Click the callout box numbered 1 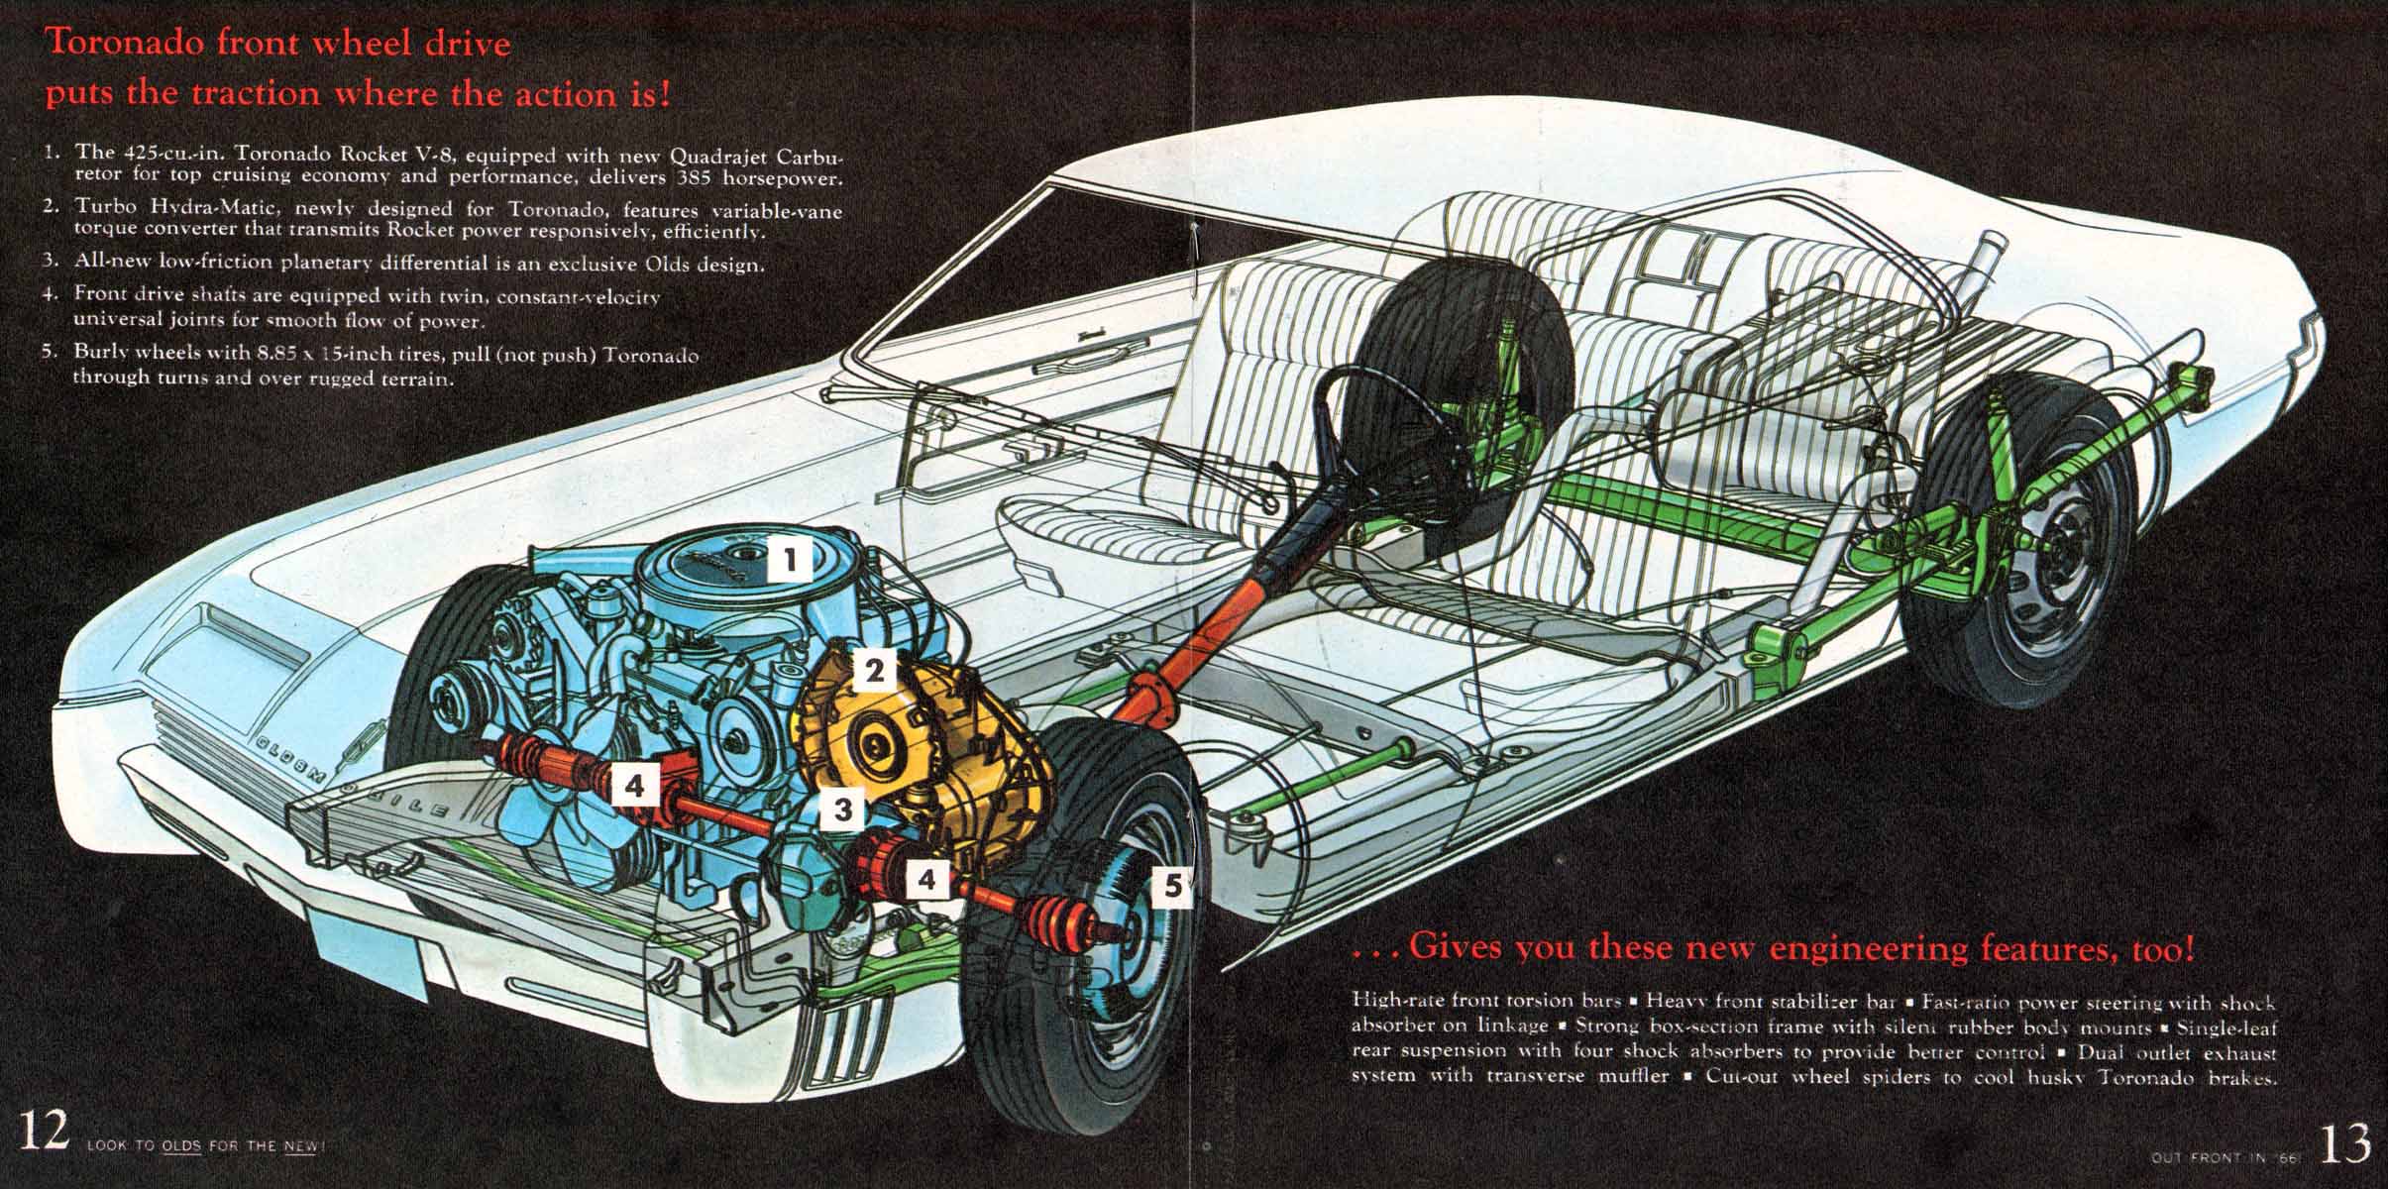[790, 561]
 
